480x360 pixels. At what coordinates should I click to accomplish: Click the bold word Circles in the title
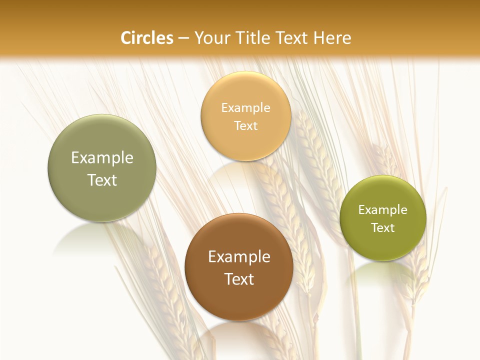(x=147, y=38)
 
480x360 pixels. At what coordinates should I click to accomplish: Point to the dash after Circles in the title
(x=183, y=38)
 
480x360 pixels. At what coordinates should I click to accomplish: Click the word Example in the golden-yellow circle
(x=245, y=108)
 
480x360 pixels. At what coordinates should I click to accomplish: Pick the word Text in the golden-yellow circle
(x=245, y=126)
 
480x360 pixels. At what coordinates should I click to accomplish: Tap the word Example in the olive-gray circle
(x=102, y=158)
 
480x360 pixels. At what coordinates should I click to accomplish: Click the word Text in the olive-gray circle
(x=102, y=180)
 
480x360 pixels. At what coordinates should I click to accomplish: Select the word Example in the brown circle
(x=239, y=257)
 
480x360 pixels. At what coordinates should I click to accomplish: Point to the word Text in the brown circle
(x=239, y=279)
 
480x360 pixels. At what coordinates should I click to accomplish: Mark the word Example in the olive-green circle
(x=382, y=210)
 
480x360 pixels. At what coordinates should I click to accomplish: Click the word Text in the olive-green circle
(x=382, y=228)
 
